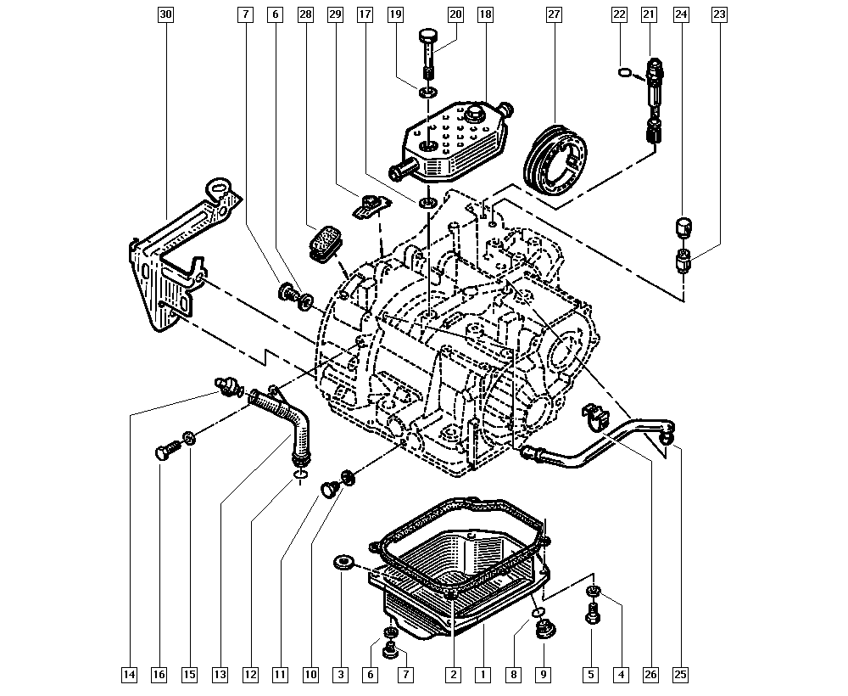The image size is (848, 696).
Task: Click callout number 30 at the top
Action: [165, 14]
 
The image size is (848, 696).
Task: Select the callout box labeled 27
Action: [554, 14]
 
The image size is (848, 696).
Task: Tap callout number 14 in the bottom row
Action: [129, 674]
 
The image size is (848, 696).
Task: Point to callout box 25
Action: [680, 674]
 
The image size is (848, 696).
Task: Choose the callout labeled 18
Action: [485, 14]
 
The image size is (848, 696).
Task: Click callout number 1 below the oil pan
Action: [483, 674]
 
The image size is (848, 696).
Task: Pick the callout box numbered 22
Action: [619, 14]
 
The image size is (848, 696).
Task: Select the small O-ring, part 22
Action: [624, 72]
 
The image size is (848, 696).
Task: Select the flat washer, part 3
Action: [341, 563]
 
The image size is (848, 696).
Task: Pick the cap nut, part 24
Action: [684, 227]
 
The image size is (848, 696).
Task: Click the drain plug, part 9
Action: [544, 630]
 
